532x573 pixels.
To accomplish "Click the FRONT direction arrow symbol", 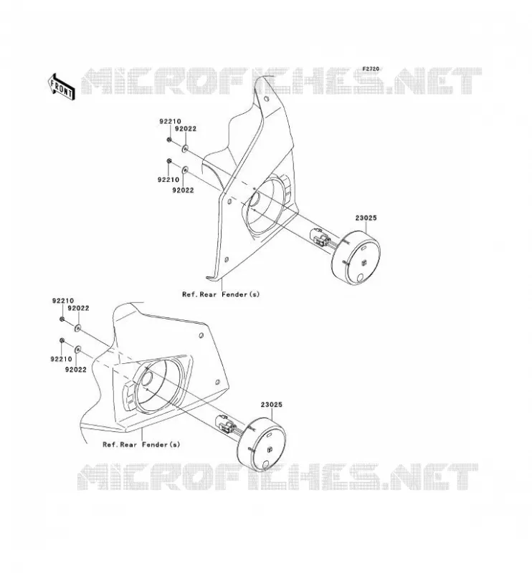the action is click(62, 87).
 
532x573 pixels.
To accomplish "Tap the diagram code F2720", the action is click(371, 69).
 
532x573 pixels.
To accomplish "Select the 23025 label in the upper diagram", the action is click(366, 218).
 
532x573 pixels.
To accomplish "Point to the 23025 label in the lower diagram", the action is click(272, 405).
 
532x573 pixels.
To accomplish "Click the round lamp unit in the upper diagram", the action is click(356, 258).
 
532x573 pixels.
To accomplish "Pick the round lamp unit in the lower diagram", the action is click(261, 444).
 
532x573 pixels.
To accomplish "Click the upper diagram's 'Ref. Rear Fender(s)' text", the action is click(221, 294).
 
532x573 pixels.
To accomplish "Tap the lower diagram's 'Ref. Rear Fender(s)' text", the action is click(141, 444).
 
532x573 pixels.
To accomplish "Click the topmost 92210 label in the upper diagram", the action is click(170, 121).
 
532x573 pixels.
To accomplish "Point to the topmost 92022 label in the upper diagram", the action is click(186, 129).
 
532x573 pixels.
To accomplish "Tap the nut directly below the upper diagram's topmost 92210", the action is click(169, 139).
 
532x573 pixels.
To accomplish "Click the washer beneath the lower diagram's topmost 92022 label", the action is click(77, 328).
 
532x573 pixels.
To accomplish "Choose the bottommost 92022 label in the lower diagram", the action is click(76, 370).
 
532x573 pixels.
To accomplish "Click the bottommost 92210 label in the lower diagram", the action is click(61, 359).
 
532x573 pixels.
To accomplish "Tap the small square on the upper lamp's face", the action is click(364, 262).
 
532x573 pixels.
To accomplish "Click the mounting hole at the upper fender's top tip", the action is click(267, 99).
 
